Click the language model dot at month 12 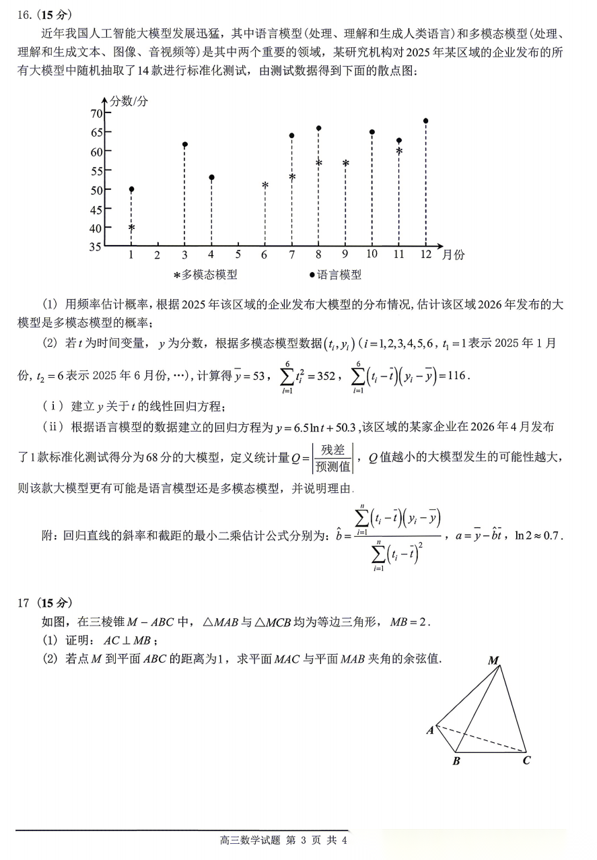425,121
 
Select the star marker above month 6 265,185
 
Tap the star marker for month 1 131,228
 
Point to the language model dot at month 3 184,145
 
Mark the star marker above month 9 345,164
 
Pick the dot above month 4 211,178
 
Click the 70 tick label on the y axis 95,113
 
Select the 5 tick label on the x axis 238,255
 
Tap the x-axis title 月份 453,255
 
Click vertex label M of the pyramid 493,661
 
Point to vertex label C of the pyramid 527,761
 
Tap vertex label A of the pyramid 429,730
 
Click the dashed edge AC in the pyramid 481,739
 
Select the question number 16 24,14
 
